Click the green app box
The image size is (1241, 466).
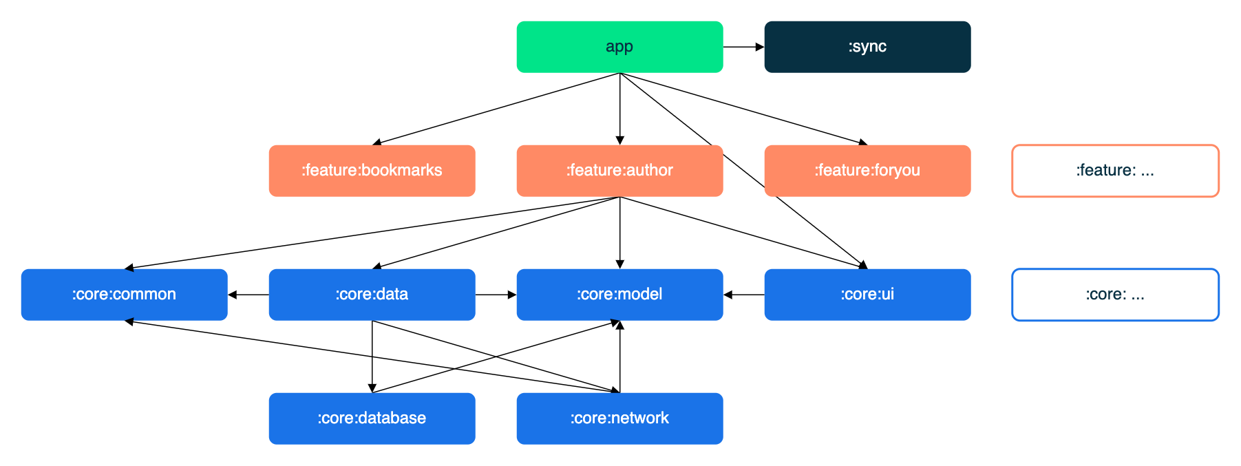click(619, 47)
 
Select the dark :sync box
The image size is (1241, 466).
click(867, 47)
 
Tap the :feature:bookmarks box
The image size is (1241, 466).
click(372, 171)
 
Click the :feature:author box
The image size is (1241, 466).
click(619, 171)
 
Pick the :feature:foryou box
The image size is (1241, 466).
click(867, 171)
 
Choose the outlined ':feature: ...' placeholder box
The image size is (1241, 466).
click(1115, 171)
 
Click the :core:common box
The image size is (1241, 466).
click(124, 295)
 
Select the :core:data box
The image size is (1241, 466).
click(372, 295)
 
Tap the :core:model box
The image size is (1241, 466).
click(619, 295)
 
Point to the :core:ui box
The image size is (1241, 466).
click(867, 295)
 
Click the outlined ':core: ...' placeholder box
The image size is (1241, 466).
click(1115, 295)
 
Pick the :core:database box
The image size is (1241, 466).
click(372, 419)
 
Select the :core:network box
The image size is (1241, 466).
click(619, 419)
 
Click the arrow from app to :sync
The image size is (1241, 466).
click(743, 47)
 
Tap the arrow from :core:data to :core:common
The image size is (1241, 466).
click(248, 295)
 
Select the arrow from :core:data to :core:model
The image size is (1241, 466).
click(496, 295)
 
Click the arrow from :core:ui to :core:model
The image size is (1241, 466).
click(743, 295)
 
